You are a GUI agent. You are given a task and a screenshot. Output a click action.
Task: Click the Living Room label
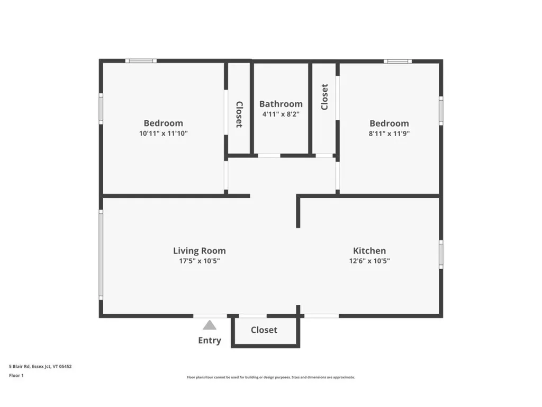199,251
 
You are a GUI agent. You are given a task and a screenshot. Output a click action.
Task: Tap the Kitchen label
369,251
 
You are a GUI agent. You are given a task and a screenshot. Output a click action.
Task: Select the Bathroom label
281,104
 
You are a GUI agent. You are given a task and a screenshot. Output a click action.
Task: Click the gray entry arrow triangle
210,325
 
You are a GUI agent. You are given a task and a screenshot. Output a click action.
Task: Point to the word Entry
210,340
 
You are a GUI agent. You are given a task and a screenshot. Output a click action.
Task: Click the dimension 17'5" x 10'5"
199,261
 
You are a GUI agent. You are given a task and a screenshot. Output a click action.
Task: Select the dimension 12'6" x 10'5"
369,261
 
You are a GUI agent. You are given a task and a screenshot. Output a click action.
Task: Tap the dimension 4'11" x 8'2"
281,114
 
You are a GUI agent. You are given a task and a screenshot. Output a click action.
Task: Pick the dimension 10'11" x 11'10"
164,134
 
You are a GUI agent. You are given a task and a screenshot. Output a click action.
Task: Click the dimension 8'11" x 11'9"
389,134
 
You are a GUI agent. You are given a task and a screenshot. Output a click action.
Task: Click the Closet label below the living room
264,330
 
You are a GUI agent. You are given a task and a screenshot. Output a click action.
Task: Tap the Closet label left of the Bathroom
239,114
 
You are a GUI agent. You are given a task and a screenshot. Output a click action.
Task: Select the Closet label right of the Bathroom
324,97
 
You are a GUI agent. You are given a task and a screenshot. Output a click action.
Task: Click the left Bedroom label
164,123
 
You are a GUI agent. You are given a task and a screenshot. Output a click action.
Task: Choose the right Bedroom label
389,123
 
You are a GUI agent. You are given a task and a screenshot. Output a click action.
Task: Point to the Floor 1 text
16,375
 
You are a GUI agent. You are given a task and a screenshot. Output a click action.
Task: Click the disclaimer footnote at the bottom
270,377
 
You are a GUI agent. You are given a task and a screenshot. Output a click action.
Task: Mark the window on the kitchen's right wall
441,254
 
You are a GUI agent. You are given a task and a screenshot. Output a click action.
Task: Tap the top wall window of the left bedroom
141,61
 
